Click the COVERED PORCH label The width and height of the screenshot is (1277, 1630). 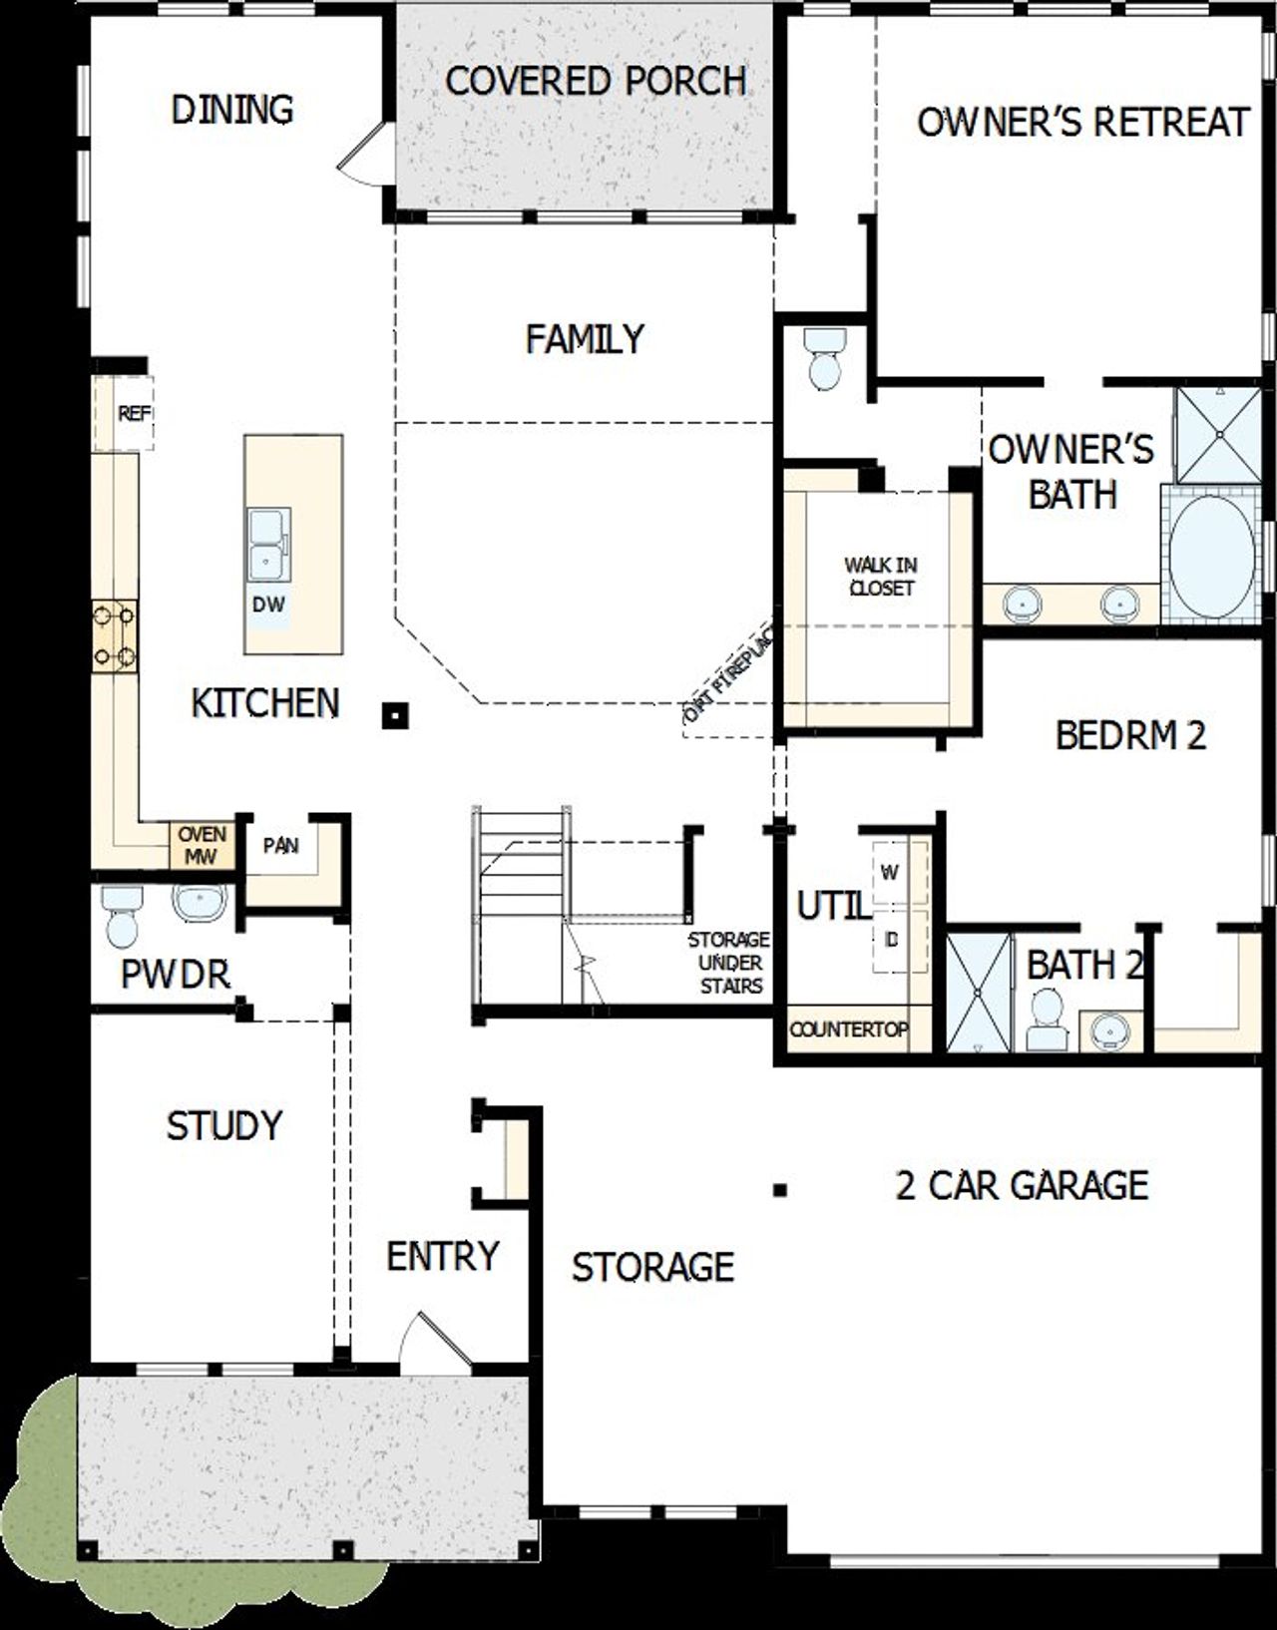pos(596,81)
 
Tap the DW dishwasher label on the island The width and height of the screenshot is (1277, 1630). pos(268,605)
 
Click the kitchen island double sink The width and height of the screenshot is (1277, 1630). pos(268,545)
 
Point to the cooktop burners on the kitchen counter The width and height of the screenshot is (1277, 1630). pos(115,635)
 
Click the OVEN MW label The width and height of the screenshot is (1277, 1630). pos(202,844)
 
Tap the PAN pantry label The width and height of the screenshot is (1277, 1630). pos(281,846)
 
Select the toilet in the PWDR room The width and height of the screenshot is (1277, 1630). pos(121,917)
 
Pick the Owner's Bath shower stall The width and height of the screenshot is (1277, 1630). pos(1218,434)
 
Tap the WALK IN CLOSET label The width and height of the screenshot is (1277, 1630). pos(881,577)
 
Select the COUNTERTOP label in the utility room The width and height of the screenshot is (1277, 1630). pos(849,1029)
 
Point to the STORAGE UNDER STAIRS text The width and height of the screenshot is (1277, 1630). pos(729,963)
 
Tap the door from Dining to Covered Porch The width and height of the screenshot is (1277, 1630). pos(361,154)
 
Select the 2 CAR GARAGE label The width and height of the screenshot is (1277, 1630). pos(1022,1185)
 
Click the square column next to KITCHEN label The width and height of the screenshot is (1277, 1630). pos(396,715)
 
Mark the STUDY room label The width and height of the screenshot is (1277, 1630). pos(224,1125)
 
